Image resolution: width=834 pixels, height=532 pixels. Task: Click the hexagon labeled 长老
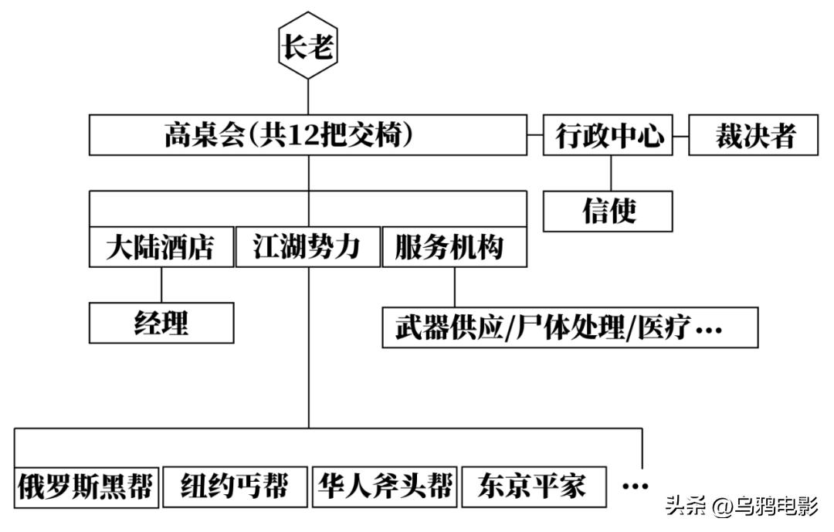pos(308,48)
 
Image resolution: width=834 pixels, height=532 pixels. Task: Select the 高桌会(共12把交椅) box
pos(308,135)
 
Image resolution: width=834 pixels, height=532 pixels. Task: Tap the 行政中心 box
pos(610,136)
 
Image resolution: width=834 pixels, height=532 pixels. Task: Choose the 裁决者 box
pos(753,136)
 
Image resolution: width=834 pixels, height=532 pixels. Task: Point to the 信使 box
pos(608,211)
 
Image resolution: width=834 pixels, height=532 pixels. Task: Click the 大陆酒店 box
pos(161,247)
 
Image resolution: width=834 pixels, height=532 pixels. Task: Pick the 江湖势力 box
pos(307,247)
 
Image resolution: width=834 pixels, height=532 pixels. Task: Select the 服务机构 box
pos(455,247)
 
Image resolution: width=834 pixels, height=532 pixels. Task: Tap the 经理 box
pos(161,323)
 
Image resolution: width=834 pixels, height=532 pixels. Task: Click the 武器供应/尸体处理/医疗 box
pos(570,328)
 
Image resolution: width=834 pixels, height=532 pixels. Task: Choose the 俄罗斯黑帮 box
pos(86,487)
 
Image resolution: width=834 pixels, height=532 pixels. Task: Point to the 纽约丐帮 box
pos(234,487)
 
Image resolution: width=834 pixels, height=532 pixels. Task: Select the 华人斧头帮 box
pos(384,487)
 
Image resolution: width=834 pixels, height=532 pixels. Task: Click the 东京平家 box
pos(533,487)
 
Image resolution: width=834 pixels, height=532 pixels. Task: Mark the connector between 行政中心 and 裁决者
pos(680,136)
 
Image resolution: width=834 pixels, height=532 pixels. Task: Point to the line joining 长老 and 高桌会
pos(308,97)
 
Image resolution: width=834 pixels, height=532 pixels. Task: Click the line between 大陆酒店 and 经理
pos(161,285)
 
